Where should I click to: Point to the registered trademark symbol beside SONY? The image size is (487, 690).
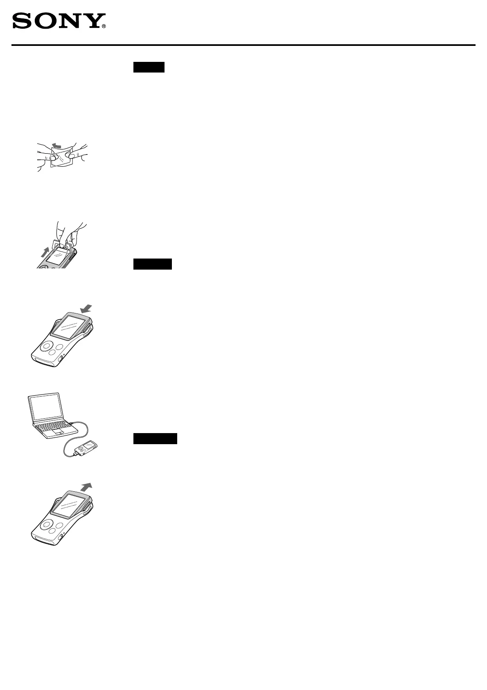click(x=104, y=27)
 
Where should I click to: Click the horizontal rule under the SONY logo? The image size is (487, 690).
click(x=243, y=45)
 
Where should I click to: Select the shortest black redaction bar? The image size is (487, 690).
click(x=149, y=67)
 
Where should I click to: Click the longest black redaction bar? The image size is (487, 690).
click(x=156, y=439)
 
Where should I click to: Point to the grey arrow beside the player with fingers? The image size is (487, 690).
click(x=45, y=252)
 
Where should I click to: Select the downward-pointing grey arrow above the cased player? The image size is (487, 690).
click(x=86, y=309)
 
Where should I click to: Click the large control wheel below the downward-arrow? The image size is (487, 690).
click(x=46, y=346)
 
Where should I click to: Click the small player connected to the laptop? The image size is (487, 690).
click(x=87, y=447)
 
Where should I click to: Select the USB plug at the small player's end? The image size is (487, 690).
click(x=75, y=453)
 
